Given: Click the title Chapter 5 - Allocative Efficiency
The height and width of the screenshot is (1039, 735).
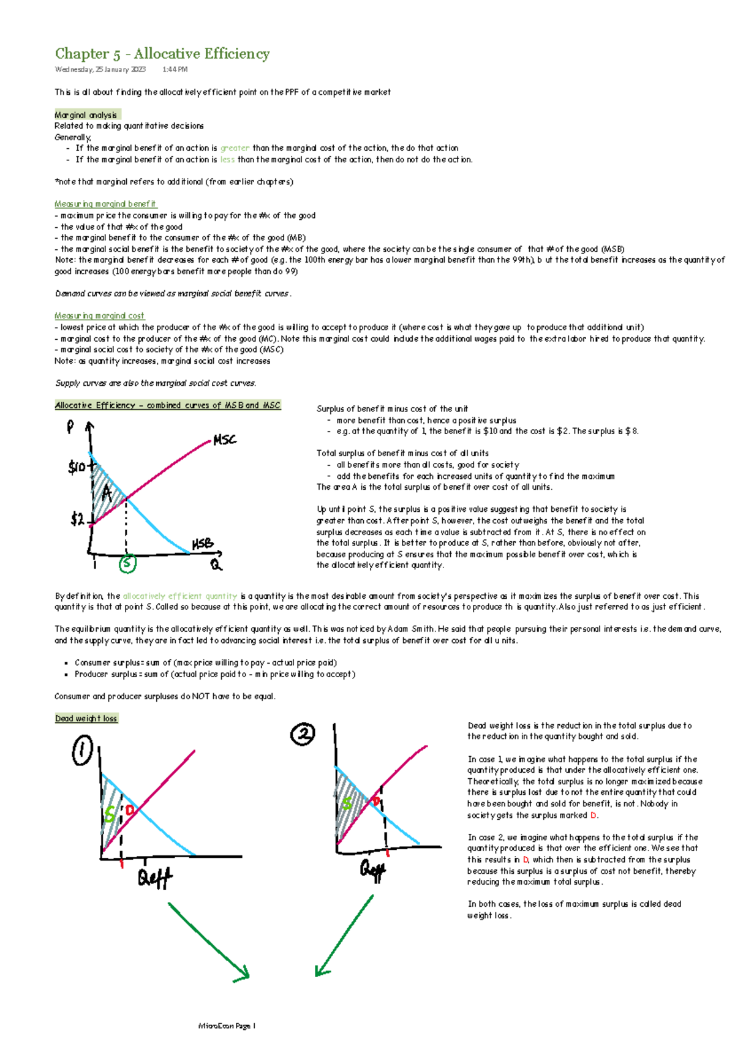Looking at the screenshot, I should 162,54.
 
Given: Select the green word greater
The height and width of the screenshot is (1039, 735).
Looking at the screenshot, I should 235,148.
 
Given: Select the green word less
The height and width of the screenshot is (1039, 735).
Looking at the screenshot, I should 227,160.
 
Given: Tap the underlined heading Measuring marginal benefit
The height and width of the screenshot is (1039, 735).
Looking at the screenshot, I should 105,204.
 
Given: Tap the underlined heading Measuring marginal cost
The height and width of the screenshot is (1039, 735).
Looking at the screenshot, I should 99,316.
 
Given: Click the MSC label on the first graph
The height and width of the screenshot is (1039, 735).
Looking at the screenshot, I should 224,440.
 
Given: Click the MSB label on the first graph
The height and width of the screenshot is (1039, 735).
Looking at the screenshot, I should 203,543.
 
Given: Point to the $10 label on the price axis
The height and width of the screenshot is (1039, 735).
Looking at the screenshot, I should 77,468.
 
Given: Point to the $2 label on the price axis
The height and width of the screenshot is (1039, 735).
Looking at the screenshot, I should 77,520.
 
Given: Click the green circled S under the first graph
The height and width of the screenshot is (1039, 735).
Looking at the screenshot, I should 127,563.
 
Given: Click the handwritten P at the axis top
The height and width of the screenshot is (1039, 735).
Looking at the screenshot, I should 70,427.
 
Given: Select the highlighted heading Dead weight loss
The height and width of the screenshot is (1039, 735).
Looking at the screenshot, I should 86,719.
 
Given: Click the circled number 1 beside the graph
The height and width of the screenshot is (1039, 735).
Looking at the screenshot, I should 82,751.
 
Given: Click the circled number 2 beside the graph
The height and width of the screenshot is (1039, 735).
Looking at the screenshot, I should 303,733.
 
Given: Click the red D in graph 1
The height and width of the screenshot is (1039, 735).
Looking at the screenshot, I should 129,810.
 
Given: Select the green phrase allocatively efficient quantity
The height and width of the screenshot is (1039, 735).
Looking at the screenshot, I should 180,596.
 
